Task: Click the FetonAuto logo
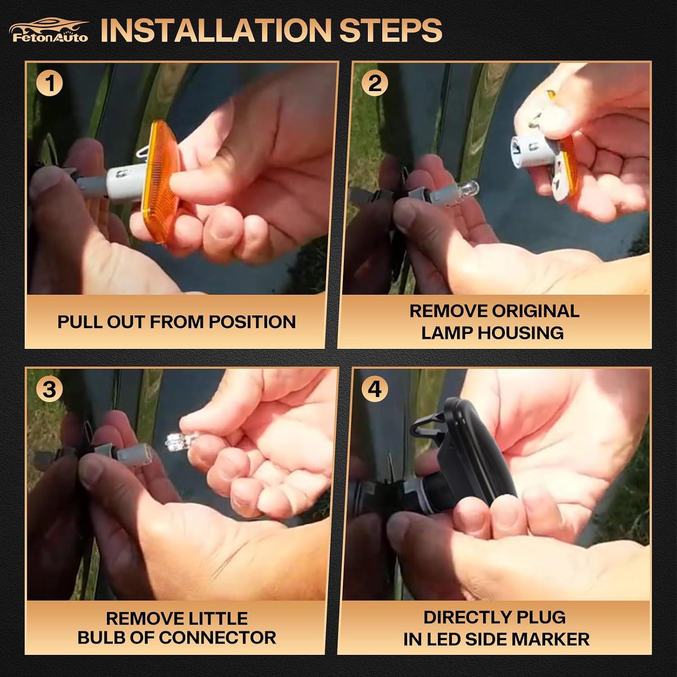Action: click(49, 30)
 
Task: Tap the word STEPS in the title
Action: click(390, 30)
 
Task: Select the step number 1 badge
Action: click(50, 84)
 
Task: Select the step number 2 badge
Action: click(375, 84)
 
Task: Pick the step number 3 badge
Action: click(50, 390)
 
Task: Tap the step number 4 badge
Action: click(375, 390)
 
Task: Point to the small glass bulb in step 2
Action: click(468, 186)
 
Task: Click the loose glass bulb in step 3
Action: click(178, 440)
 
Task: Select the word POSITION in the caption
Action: click(252, 322)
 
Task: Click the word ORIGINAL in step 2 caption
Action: click(535, 311)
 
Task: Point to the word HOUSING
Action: click(521, 333)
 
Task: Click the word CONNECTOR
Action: click(217, 638)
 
